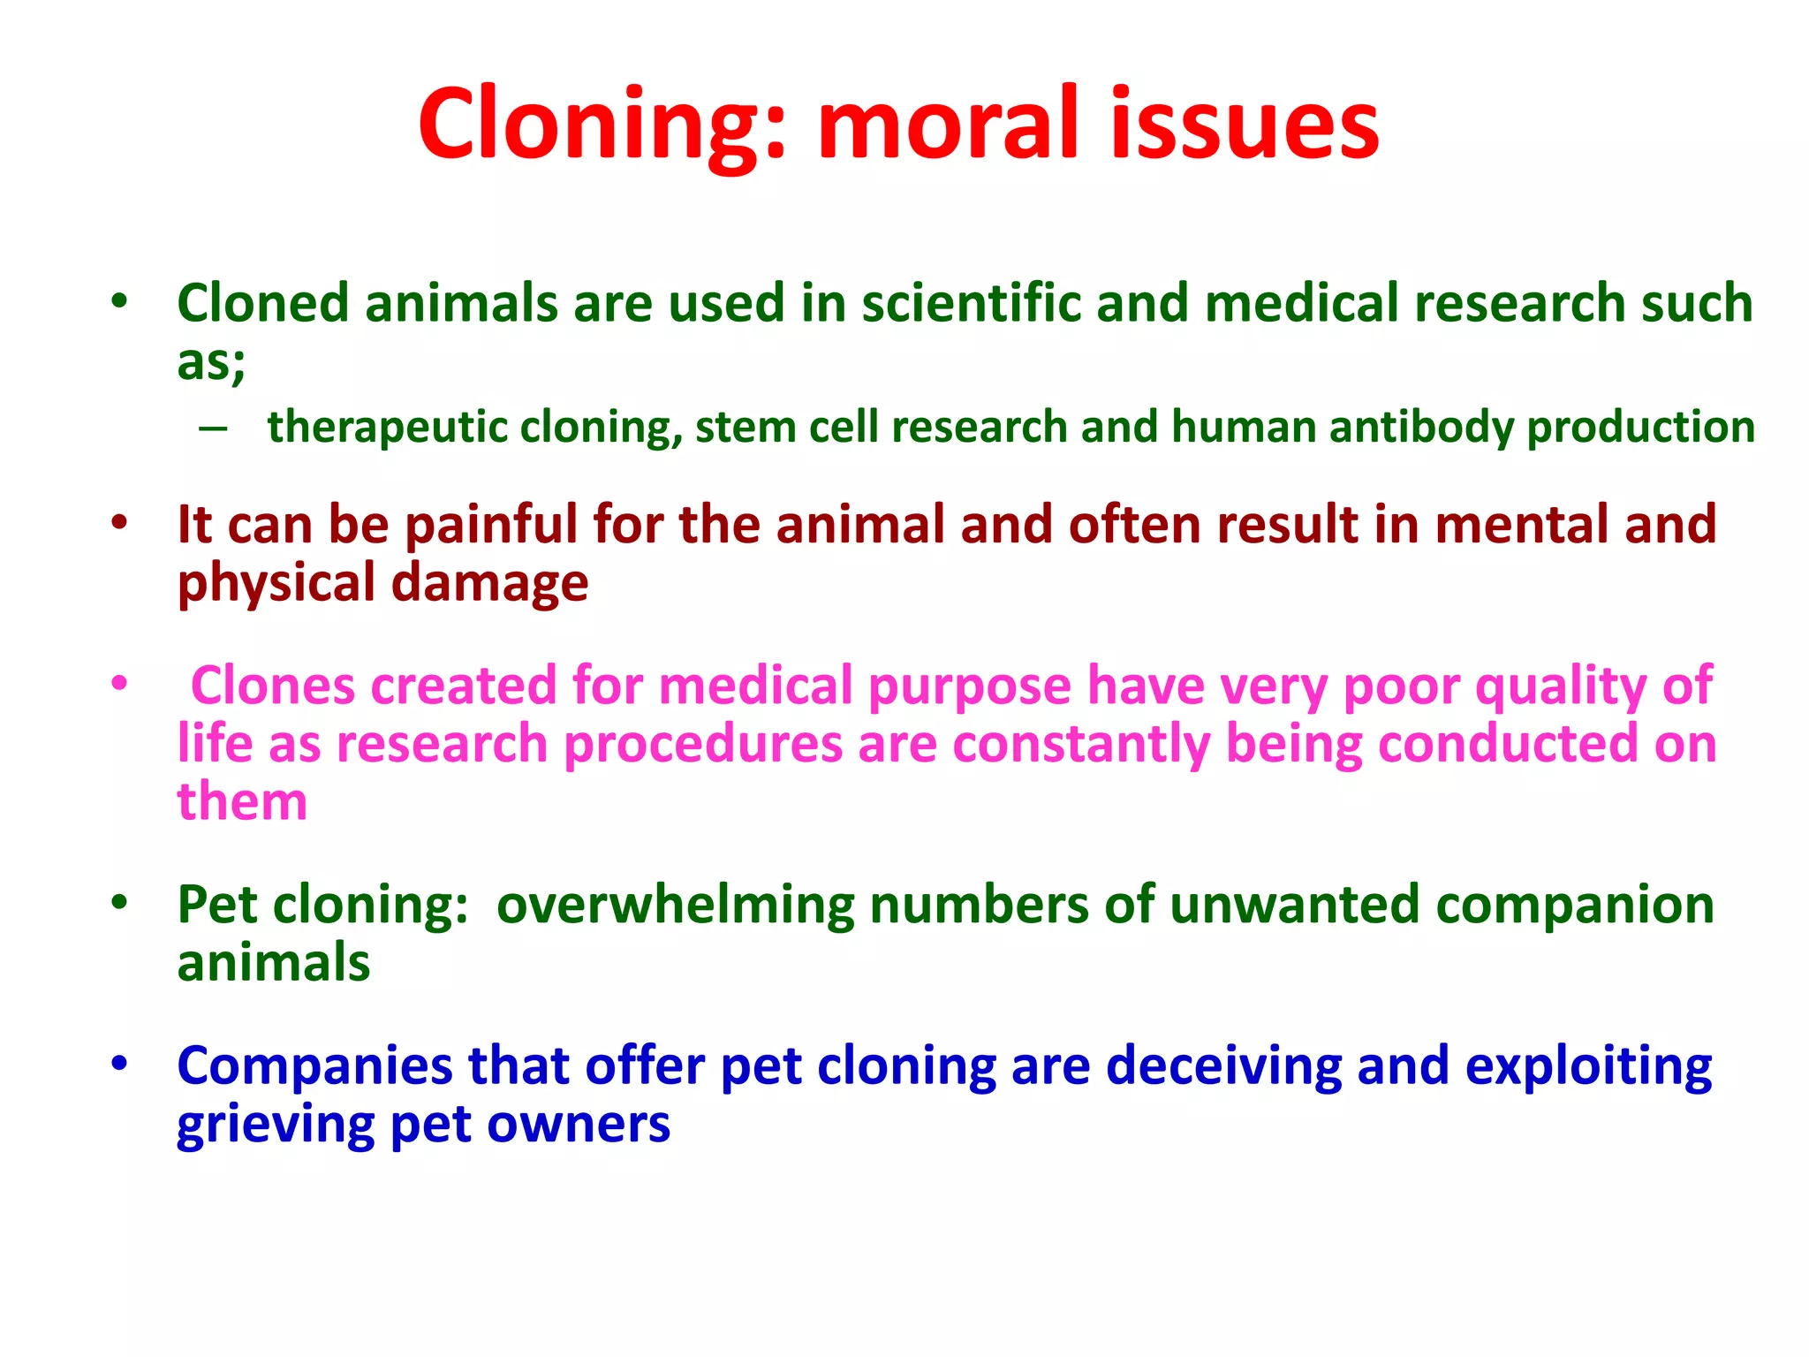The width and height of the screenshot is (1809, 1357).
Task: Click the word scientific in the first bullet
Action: tap(972, 303)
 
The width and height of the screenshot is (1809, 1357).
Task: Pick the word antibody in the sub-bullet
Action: tap(1421, 428)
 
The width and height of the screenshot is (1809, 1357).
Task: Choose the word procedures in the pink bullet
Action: tap(703, 744)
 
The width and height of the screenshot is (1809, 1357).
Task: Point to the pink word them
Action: tap(242, 802)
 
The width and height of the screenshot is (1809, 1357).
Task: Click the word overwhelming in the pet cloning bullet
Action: tap(675, 906)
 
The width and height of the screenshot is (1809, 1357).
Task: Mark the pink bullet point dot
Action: tap(120, 683)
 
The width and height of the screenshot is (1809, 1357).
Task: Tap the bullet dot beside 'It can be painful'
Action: tap(120, 522)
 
